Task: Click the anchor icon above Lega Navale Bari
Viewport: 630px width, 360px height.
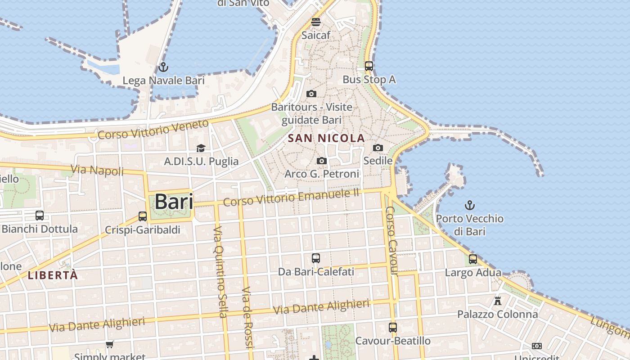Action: (163, 67)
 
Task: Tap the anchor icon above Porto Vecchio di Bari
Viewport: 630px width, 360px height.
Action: (469, 206)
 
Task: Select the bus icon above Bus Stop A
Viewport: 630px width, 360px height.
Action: (369, 66)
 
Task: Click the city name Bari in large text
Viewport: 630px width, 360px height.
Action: (174, 202)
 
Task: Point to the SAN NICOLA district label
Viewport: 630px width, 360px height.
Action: (326, 138)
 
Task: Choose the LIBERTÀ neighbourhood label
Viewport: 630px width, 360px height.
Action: (53, 275)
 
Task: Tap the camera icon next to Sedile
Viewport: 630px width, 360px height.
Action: (378, 148)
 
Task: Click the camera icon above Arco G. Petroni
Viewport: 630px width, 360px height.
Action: (321, 161)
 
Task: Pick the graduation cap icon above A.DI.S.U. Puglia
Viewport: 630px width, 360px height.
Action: (201, 148)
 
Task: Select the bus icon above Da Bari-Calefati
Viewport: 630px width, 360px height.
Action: (316, 258)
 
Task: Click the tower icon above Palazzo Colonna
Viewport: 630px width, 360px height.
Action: (497, 301)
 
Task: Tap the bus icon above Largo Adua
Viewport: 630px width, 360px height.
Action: (473, 259)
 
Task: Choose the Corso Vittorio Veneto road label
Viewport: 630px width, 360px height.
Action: (153, 129)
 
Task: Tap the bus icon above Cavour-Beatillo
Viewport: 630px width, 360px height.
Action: (393, 327)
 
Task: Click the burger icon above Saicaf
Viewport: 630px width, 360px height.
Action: (316, 22)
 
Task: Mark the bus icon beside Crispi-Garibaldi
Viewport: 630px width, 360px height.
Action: (143, 216)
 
